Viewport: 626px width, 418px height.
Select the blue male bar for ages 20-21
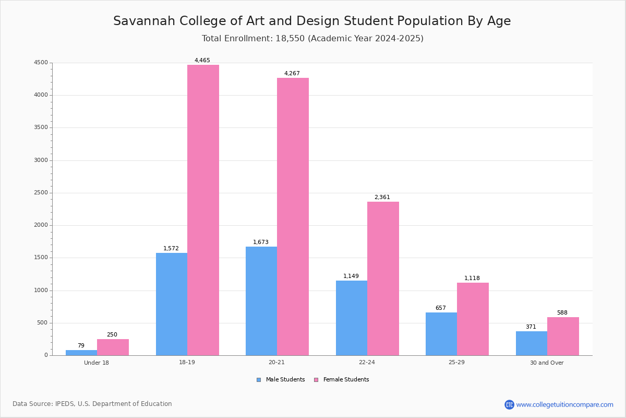pyautogui.click(x=261, y=301)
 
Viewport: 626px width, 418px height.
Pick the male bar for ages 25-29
pyautogui.click(x=441, y=334)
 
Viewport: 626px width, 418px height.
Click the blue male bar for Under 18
pyautogui.click(x=81, y=353)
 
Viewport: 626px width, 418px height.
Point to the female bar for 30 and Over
pyautogui.click(x=563, y=336)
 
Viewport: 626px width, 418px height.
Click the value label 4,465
pyautogui.click(x=202, y=61)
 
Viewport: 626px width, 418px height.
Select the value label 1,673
pyautogui.click(x=261, y=242)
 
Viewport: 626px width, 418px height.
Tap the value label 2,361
pyautogui.click(x=382, y=198)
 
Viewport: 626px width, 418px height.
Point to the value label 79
pyautogui.click(x=81, y=346)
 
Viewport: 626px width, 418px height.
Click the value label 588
pyautogui.click(x=562, y=313)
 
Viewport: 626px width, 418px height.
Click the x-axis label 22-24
pyautogui.click(x=367, y=363)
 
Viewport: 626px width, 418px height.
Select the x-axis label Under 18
pyautogui.click(x=97, y=363)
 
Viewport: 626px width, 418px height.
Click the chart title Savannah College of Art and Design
pyautogui.click(x=312, y=21)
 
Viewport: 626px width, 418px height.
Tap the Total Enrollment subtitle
pyautogui.click(x=312, y=39)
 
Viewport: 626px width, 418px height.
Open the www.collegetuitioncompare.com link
pyautogui.click(x=564, y=404)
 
